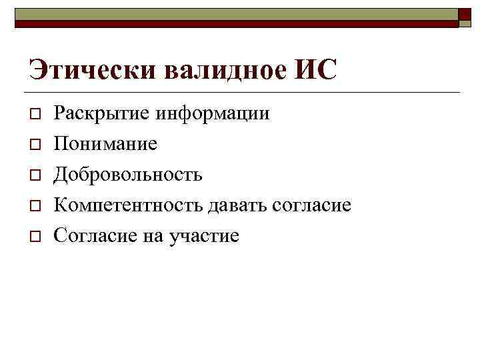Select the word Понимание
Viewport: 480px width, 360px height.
coord(106,144)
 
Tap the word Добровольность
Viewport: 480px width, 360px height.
coord(128,175)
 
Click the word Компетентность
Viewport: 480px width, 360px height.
coord(128,205)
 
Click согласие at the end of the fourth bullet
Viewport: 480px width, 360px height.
coord(311,205)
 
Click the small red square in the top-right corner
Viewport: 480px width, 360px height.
coord(465,16)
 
